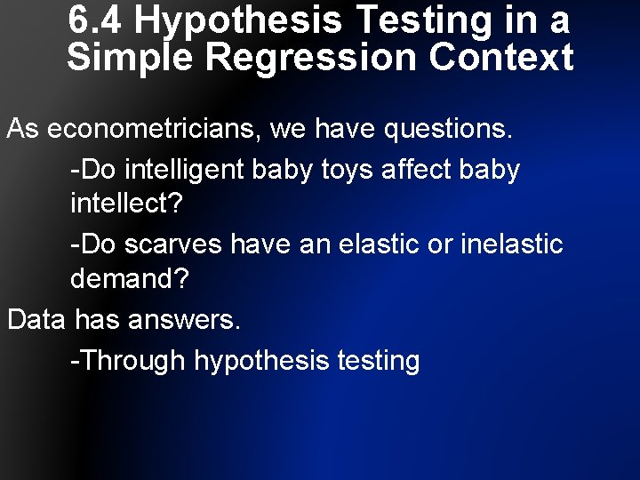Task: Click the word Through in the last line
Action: coord(132,360)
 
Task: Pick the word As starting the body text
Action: coord(23,129)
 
